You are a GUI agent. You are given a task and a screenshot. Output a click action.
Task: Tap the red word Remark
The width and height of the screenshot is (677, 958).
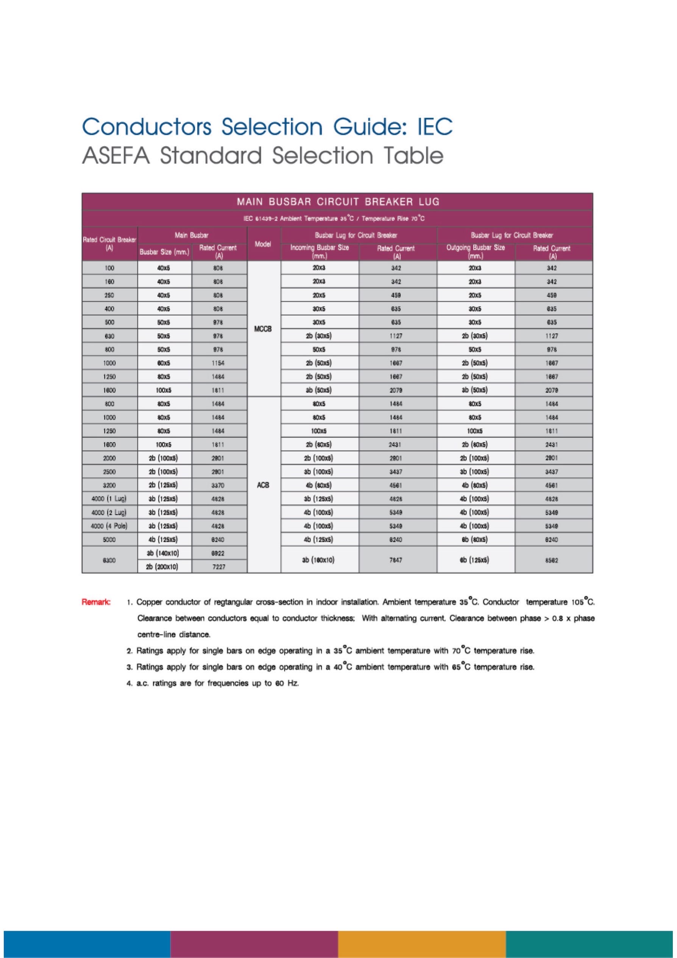[96, 602]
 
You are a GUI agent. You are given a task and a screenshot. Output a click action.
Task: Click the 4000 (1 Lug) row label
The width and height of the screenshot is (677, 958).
[109, 499]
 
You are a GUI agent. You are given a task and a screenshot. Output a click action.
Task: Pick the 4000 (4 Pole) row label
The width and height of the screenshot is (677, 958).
[109, 526]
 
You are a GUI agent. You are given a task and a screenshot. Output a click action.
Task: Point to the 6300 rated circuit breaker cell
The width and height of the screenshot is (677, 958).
[109, 560]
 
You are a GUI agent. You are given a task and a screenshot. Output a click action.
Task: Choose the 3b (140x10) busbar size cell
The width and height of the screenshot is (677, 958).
[164, 553]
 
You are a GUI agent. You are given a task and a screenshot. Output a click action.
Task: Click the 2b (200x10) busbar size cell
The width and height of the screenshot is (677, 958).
[164, 567]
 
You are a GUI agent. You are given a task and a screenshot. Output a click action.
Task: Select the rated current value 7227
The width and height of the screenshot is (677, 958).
[219, 567]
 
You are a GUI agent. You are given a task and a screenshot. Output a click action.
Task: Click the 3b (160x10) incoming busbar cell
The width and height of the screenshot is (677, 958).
[319, 560]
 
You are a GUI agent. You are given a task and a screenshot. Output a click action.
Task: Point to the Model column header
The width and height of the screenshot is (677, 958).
[263, 244]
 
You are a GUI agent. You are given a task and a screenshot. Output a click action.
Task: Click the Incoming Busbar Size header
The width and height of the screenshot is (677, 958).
[319, 251]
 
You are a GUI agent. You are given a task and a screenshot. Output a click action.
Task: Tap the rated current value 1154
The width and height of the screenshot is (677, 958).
[219, 363]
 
